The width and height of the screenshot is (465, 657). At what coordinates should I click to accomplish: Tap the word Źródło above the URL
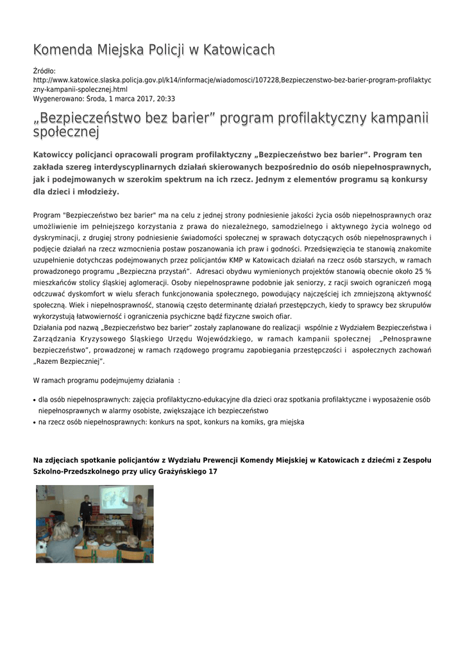44,71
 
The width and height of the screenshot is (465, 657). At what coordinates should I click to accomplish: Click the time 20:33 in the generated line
165,99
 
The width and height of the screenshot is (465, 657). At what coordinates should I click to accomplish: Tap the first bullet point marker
34,399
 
